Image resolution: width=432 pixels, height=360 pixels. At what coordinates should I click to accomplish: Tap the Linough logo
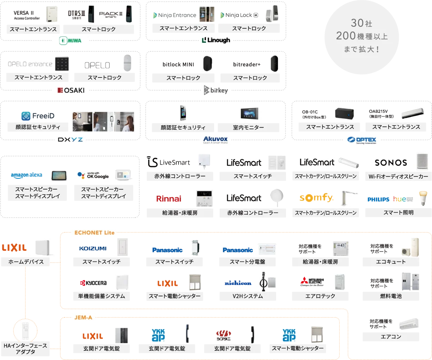point(216,41)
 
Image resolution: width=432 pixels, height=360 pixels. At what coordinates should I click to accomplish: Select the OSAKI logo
point(71,91)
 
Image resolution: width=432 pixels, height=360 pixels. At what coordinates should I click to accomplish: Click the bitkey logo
point(216,90)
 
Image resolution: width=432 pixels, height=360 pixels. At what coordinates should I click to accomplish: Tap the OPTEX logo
point(362,139)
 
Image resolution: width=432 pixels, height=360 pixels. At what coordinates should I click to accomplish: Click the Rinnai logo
point(169,199)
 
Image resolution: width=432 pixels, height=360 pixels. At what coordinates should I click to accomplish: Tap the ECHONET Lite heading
point(92,233)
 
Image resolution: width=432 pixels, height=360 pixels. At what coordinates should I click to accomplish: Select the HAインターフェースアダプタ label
point(25,349)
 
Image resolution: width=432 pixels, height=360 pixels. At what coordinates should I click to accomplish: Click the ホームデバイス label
point(26,262)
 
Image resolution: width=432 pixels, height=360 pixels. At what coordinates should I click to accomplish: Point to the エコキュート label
point(391,262)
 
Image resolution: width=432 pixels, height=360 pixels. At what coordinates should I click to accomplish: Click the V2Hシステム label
point(247,296)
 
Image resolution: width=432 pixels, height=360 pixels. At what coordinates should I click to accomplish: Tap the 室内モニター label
point(248,128)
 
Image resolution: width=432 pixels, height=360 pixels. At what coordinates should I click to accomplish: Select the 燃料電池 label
point(391,296)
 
